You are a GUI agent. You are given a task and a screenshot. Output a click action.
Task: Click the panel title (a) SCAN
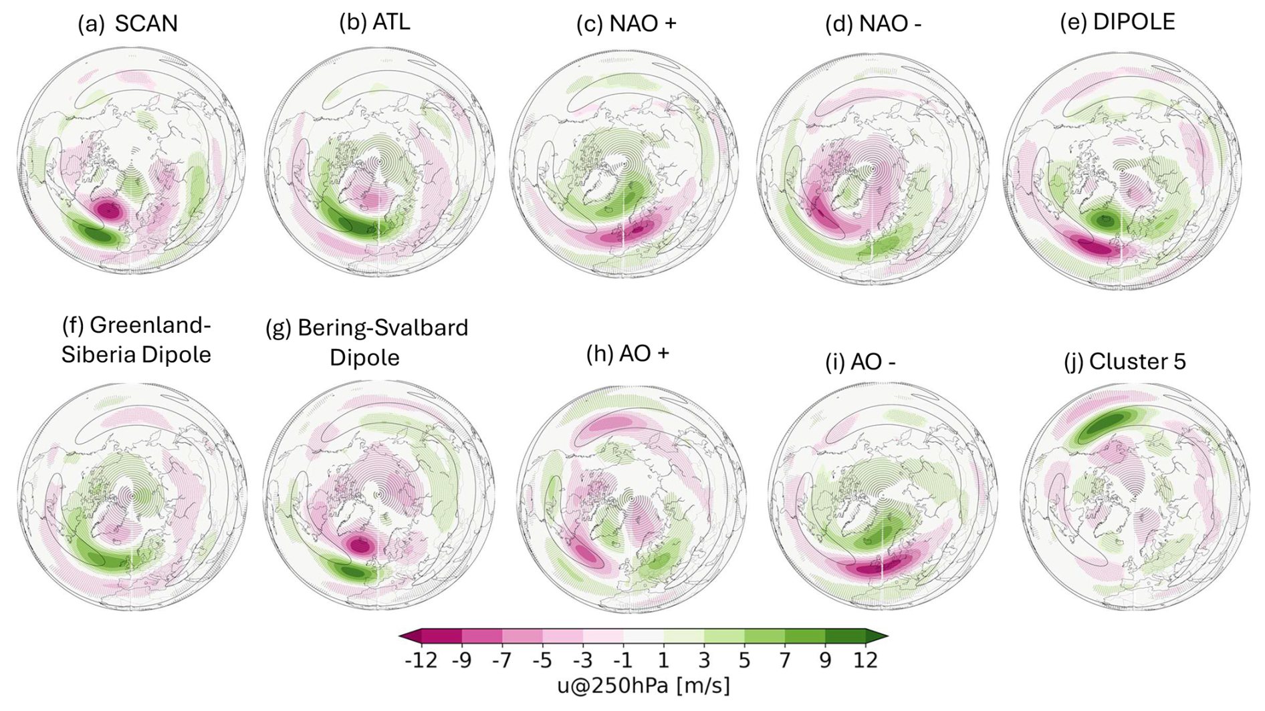click(128, 24)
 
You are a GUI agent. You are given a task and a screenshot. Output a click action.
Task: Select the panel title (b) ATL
click(374, 22)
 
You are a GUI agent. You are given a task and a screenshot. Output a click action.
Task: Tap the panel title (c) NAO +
click(626, 24)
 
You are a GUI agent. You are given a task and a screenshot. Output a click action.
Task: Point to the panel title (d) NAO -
click(873, 24)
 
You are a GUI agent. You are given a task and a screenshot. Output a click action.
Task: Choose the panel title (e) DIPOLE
click(1117, 22)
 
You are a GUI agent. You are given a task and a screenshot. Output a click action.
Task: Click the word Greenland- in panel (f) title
click(150, 325)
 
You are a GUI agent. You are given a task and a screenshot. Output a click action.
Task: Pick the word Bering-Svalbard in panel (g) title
click(382, 328)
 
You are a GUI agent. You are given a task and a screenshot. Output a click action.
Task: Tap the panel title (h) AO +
click(627, 353)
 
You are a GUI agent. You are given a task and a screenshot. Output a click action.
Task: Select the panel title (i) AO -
click(860, 362)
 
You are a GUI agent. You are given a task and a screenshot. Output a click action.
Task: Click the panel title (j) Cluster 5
click(1125, 362)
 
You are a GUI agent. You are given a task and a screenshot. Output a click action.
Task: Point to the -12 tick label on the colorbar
click(421, 661)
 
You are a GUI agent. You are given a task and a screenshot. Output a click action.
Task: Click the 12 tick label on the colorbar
click(865, 661)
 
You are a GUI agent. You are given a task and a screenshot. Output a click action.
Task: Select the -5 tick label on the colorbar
click(542, 661)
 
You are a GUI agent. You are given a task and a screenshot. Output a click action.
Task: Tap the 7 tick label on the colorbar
click(785, 661)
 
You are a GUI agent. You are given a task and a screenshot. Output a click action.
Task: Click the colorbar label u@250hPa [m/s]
click(643, 686)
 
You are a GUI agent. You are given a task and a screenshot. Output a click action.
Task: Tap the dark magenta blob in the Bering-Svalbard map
click(360, 546)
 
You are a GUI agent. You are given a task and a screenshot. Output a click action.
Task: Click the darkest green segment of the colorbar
click(846, 637)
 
